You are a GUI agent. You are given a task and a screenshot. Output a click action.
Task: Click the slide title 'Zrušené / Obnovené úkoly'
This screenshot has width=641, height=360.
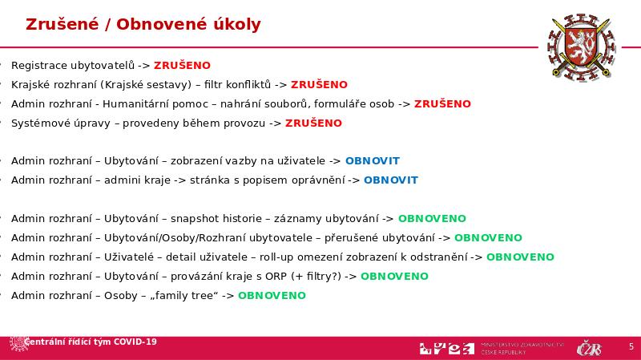[143, 24]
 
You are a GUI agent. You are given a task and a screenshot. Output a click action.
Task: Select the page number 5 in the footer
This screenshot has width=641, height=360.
[631, 346]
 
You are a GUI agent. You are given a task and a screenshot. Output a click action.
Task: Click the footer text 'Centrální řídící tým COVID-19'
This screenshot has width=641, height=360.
[91, 342]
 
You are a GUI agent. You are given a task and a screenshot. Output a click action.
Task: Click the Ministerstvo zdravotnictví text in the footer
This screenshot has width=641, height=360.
[522, 348]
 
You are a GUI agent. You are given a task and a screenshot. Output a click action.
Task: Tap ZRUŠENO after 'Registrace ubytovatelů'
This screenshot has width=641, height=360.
[182, 65]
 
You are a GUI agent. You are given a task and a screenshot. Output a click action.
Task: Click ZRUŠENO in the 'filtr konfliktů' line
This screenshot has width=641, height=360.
[319, 84]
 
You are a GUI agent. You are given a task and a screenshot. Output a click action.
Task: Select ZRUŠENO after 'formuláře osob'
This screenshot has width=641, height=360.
[442, 103]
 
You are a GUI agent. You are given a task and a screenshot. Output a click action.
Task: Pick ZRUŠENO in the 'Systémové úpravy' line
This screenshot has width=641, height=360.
[313, 123]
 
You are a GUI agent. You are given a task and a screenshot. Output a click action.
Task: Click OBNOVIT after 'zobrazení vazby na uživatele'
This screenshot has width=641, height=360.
[372, 160]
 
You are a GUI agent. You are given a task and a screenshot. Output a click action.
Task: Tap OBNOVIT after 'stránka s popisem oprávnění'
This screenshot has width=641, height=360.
[391, 180]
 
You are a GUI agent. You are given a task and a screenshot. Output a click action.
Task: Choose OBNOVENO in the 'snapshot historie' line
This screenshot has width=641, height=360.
[432, 218]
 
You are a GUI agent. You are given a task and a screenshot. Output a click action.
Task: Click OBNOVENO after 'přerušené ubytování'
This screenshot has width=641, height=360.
[488, 237]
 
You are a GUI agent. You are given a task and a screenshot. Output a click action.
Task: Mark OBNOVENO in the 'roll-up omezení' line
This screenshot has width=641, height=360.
[520, 257]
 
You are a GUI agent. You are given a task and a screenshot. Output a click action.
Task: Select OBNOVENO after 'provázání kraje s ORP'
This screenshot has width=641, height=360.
[394, 276]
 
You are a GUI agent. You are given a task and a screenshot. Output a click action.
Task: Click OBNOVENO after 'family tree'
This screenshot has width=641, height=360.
[272, 295]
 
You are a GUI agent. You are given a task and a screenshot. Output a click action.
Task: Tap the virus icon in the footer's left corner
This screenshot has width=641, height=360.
[16, 343]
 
